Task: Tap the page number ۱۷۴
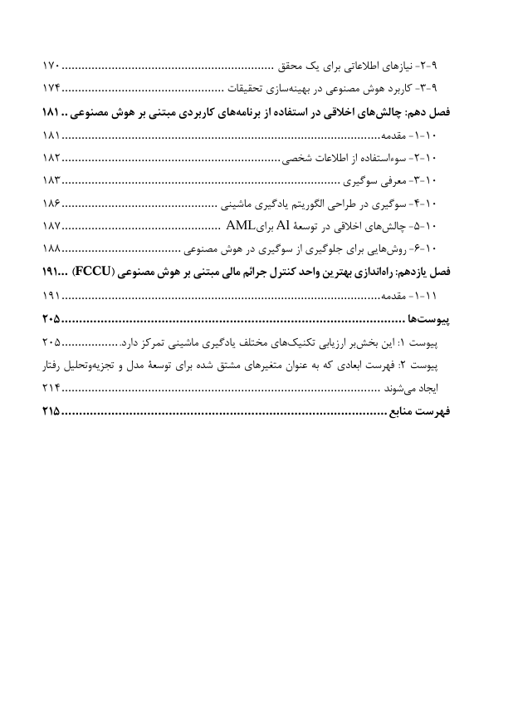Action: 51,87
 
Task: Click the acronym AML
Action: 239,225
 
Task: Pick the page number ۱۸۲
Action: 51,157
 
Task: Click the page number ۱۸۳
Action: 51,179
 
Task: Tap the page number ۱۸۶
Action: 51,203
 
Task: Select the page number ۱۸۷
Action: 51,226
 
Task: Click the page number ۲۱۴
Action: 51,387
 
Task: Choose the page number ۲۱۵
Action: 51,410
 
